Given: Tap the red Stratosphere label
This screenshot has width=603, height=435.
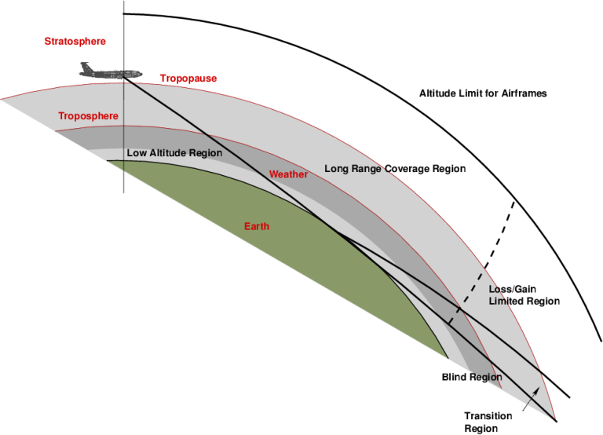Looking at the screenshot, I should tap(75, 41).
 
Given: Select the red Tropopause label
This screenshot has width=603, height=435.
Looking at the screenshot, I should tap(188, 79).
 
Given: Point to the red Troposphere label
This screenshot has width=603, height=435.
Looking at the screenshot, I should tap(88, 116).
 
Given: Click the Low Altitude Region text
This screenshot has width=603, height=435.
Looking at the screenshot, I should tap(174, 152).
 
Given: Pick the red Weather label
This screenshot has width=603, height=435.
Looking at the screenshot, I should tap(288, 174).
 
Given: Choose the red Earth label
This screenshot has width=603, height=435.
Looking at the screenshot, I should tap(256, 227).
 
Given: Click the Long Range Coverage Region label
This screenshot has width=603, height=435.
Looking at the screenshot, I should tap(395, 169).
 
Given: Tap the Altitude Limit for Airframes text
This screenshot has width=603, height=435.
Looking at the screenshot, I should tap(483, 93).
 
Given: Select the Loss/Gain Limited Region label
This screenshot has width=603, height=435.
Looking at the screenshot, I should tap(524, 295).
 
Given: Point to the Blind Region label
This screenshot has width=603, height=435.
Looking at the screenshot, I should tap(471, 378).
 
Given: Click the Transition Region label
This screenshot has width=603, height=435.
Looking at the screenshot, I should tap(488, 422).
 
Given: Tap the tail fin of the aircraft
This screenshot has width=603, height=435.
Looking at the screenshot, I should tap(85, 66).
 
